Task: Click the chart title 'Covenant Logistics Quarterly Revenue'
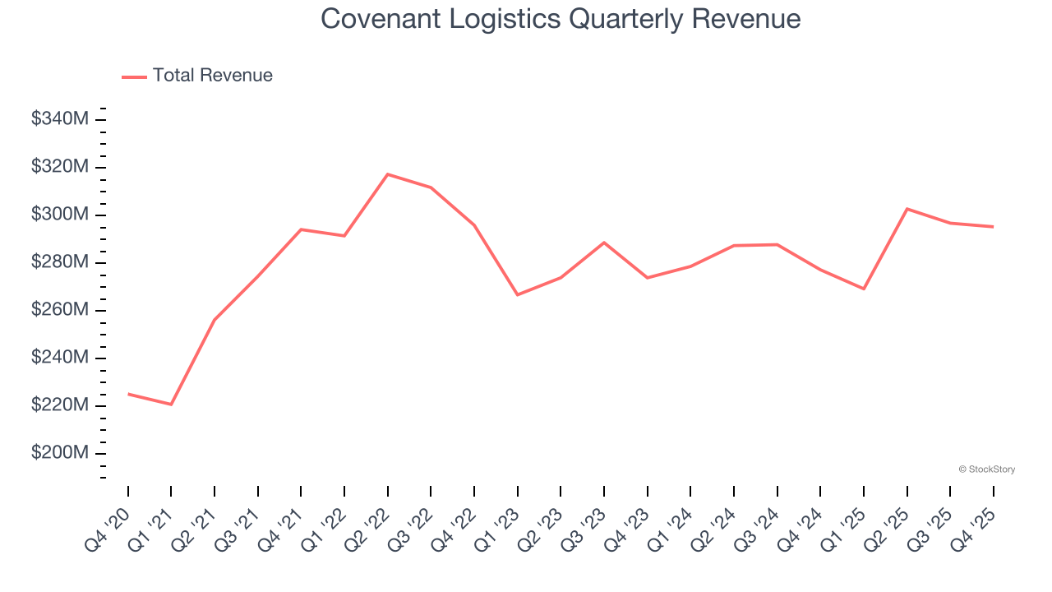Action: tap(561, 18)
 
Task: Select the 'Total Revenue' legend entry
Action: tap(212, 76)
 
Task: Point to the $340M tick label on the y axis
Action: tap(60, 119)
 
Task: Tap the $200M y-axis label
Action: tap(60, 453)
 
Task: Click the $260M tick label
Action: tap(60, 310)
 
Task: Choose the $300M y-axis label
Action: tap(60, 215)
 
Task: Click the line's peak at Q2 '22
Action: tap(388, 174)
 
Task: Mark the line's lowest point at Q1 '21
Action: tap(171, 405)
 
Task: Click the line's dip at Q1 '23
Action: tap(517, 294)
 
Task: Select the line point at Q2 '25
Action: tap(907, 209)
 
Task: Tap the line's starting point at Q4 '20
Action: tap(128, 394)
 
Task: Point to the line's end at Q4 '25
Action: tap(993, 227)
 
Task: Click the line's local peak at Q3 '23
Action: tap(604, 243)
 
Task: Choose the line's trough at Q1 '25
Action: tap(864, 289)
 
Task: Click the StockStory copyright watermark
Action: tap(986, 469)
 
